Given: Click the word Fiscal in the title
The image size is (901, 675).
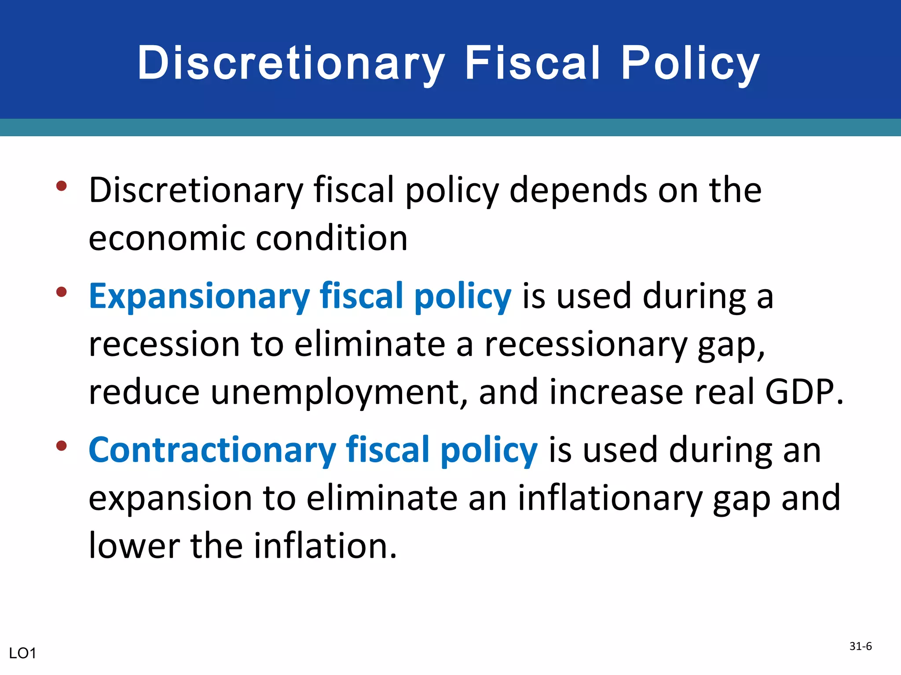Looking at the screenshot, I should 532,64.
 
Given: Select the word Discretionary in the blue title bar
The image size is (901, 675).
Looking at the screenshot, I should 291,64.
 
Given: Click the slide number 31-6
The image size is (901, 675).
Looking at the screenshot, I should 861,646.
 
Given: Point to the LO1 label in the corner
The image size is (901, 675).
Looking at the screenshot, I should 22,653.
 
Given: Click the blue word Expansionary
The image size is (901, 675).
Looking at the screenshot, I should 199,297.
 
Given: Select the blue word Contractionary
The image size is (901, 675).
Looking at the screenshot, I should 212,450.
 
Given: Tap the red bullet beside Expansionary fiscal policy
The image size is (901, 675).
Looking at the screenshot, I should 62,292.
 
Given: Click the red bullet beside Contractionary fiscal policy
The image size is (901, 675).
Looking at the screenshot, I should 62,446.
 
